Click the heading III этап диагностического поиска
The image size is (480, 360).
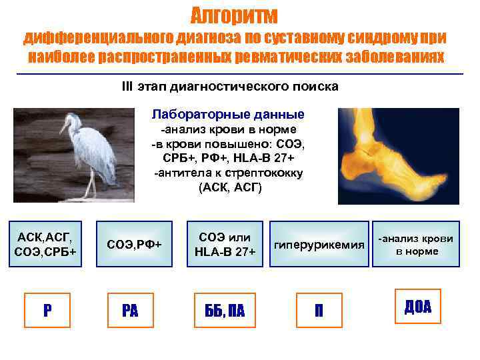click(x=230, y=87)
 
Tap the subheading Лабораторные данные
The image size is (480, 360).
click(x=228, y=114)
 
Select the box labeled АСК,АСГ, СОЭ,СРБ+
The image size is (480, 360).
click(x=45, y=244)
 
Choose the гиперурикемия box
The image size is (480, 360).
click(x=320, y=244)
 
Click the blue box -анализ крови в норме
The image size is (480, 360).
click(x=416, y=244)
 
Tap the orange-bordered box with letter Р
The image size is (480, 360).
click(x=47, y=310)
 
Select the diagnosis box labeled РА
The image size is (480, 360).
click(x=131, y=310)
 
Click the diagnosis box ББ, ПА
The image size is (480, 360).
click(x=219, y=310)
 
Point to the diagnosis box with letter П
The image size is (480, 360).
click(x=319, y=310)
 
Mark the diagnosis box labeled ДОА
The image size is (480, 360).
click(x=417, y=307)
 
